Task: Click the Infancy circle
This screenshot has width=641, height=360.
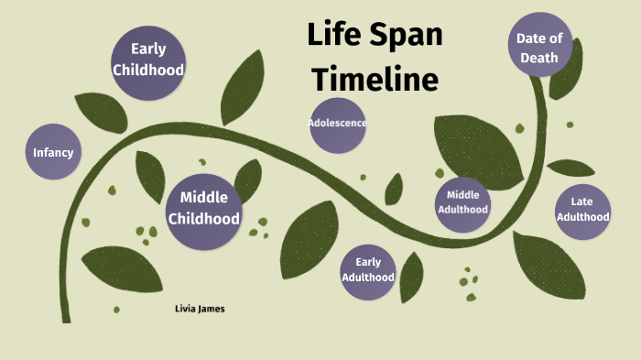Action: [52, 153]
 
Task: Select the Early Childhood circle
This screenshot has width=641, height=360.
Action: [148, 60]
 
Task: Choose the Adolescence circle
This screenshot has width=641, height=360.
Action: [338, 124]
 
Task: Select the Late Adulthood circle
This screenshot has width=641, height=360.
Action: [583, 210]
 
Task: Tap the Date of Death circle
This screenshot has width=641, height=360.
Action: [539, 46]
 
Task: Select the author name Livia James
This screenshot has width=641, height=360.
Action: [200, 309]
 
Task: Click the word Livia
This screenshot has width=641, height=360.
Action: [185, 309]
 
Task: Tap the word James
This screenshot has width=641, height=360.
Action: [212, 309]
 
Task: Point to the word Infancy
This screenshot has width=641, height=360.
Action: [52, 153]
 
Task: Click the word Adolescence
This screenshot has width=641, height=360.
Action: [338, 124]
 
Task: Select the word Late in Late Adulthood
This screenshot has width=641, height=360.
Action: [583, 202]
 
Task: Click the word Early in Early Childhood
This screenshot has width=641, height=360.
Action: [148, 49]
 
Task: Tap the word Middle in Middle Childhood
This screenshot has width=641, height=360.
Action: [204, 198]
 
